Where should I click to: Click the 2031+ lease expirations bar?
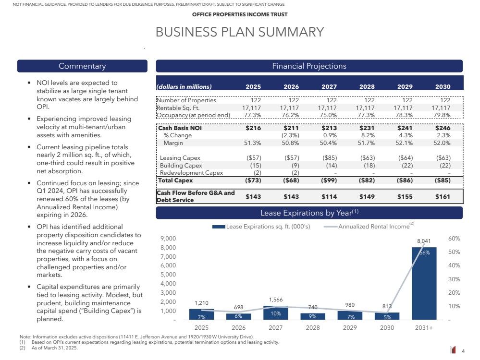pyautogui.click(x=424, y=283)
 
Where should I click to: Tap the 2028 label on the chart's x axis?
pyautogui.click(x=313, y=328)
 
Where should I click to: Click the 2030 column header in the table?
pyautogui.click(x=443, y=87)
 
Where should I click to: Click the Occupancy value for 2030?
pyautogui.click(x=442, y=115)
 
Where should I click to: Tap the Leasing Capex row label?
pyautogui.click(x=180, y=158)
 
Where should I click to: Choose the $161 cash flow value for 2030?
pyautogui.click(x=443, y=196)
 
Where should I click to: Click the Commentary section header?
pyautogui.click(x=82, y=66)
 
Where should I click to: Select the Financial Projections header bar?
pyautogui.click(x=309, y=66)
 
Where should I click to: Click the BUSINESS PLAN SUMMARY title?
pyautogui.click(x=240, y=32)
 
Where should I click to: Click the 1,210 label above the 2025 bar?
pyautogui.click(x=201, y=303)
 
